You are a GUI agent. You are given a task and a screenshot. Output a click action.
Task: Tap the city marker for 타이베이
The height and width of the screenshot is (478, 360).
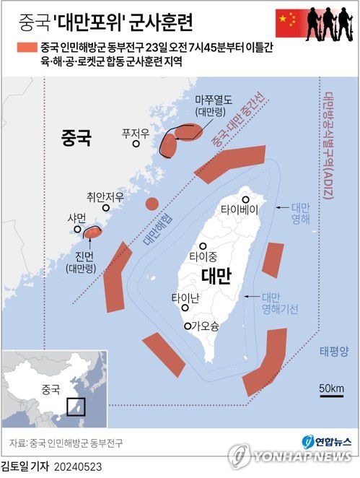246,199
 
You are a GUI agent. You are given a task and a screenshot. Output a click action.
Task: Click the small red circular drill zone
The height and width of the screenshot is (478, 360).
152,203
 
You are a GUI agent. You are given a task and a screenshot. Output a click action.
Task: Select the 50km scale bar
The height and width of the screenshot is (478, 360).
333,394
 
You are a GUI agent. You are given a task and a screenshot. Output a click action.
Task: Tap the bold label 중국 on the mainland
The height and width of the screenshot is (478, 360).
76,137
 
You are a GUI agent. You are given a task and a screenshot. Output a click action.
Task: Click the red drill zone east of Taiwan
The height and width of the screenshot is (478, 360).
272,260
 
